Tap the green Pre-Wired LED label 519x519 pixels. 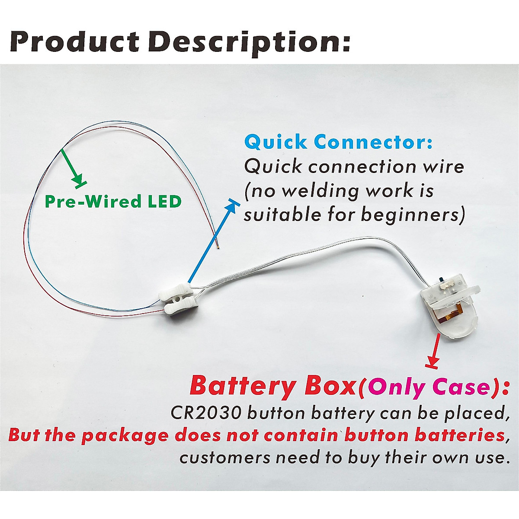[x=113, y=202]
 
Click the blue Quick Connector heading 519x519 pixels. [x=338, y=142]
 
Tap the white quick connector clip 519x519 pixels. [x=177, y=299]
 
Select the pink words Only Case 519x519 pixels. [x=426, y=387]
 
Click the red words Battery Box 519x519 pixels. [x=272, y=386]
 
